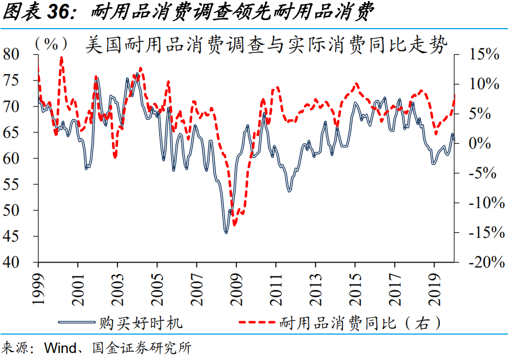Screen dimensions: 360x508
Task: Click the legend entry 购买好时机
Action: pos(141,323)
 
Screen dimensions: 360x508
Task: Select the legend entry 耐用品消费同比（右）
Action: pos(360,323)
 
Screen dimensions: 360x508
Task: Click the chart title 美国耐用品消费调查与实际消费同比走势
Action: pos(267,45)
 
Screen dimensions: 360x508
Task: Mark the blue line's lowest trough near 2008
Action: pos(226,232)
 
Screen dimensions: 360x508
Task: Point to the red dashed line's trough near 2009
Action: pos(234,224)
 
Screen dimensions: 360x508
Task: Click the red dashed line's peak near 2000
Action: pos(62,57)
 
